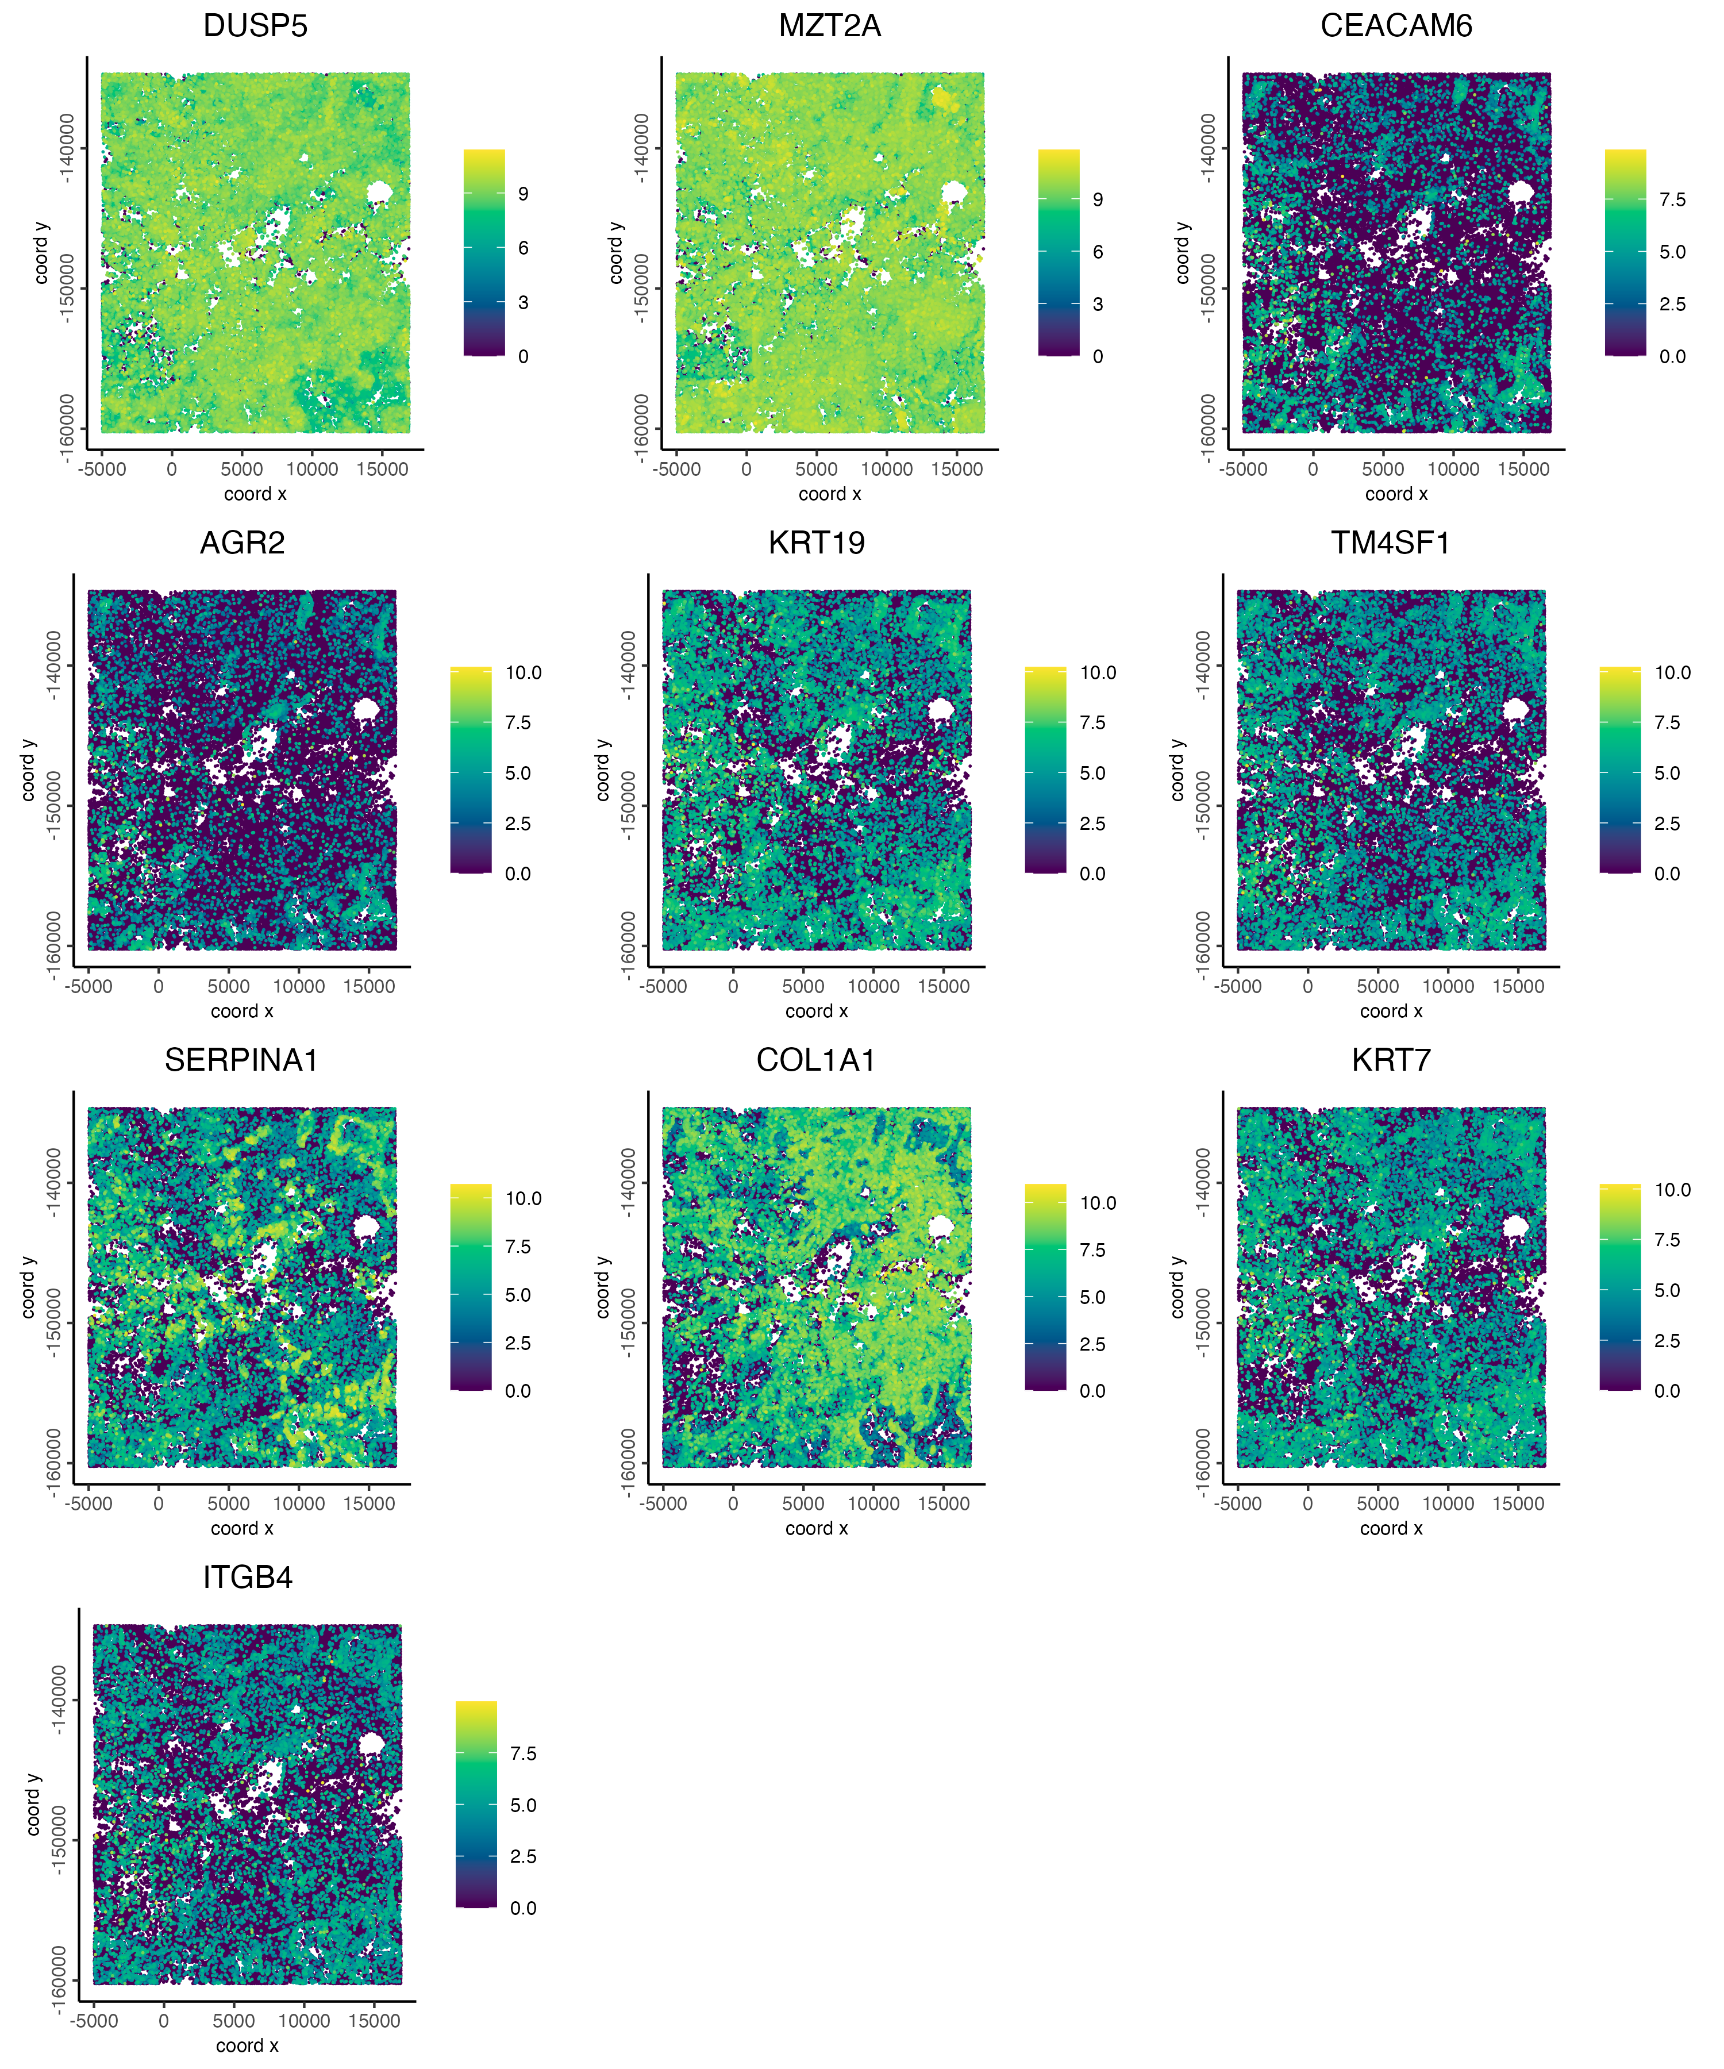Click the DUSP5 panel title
(x=255, y=26)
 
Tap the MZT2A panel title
(x=829, y=26)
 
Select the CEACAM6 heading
(x=1396, y=26)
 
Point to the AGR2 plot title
(x=243, y=543)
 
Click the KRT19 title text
(x=817, y=543)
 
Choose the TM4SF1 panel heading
(x=1391, y=543)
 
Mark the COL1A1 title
(x=817, y=1060)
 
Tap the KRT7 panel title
(x=1391, y=1060)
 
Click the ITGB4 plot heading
(x=247, y=1578)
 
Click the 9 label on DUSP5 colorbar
(x=523, y=194)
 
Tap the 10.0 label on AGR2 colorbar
(x=523, y=673)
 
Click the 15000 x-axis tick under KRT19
(x=944, y=986)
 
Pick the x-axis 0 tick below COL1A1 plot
(x=733, y=1503)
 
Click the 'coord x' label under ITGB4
(x=247, y=2045)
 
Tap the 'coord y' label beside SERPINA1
(x=28, y=1287)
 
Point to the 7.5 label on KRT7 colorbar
(x=1667, y=1240)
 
